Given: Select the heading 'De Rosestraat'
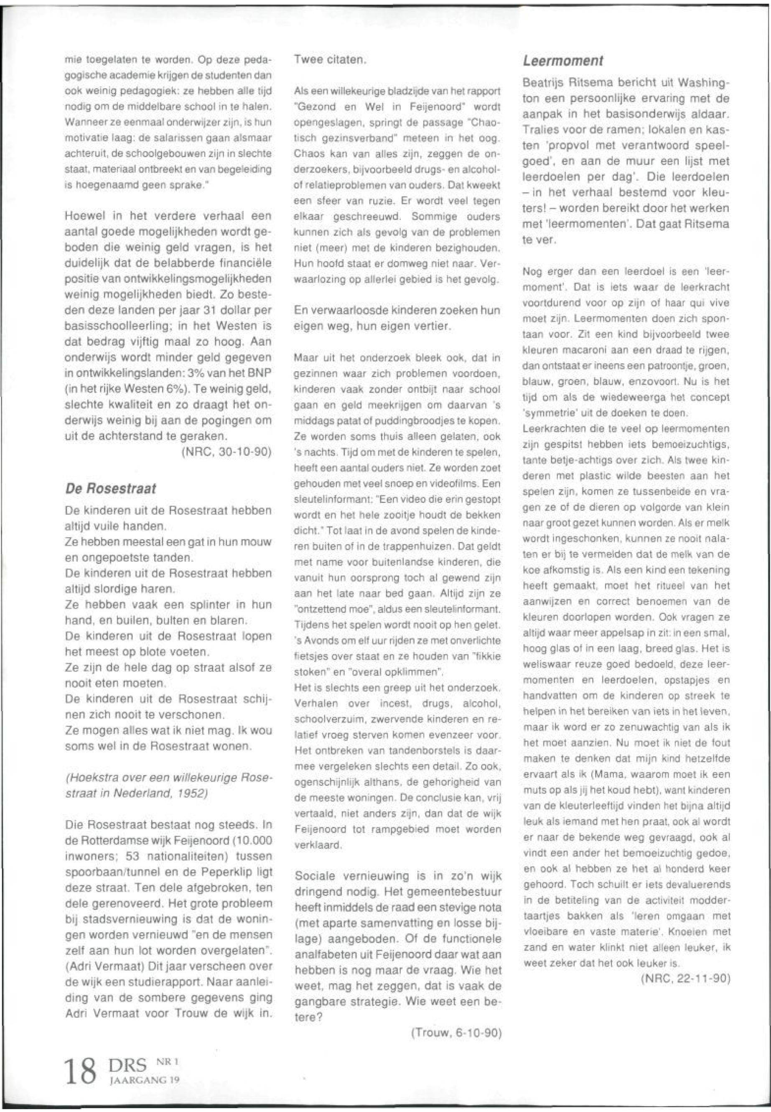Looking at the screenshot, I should [111, 489].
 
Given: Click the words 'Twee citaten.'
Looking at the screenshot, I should [331, 61].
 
